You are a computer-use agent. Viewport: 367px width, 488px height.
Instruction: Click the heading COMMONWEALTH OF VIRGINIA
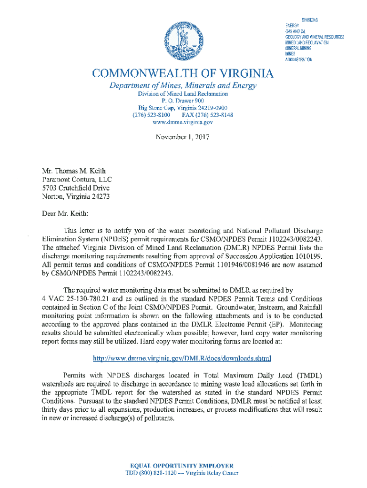pos(183,74)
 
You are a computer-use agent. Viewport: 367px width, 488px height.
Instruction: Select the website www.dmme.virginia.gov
pos(183,122)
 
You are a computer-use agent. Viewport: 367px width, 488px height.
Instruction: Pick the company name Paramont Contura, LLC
pos(77,179)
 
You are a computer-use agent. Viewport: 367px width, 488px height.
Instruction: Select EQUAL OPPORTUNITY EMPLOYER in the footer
pos(182,465)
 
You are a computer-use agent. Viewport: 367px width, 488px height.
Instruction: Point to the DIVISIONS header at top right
pos(310,20)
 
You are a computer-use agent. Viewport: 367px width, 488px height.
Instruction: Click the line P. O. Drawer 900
pos(183,101)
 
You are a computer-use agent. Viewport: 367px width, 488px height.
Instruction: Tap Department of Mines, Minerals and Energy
pos(183,86)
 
